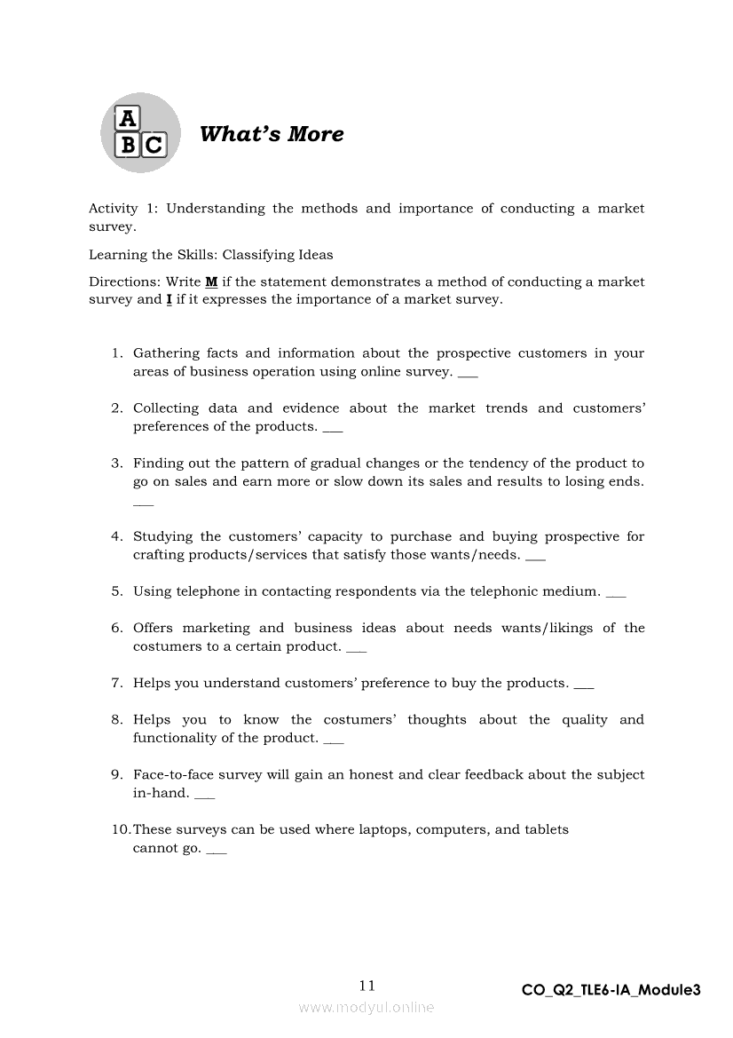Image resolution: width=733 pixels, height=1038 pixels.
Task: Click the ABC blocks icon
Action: (140, 133)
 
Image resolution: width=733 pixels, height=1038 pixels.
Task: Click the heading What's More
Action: (272, 134)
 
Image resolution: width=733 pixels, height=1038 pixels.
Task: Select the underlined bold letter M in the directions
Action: (211, 281)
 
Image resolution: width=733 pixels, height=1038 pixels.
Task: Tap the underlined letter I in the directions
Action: (169, 299)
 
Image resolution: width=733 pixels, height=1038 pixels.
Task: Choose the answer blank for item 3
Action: (143, 503)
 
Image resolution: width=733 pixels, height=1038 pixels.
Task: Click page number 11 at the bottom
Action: (367, 985)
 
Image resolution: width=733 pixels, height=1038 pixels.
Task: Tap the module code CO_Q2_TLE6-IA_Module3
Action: (611, 990)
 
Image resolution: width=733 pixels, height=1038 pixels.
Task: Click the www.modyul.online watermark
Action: (366, 1007)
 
